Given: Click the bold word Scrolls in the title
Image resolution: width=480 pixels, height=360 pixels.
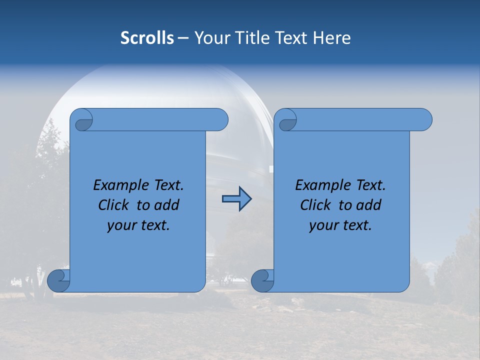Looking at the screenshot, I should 147,38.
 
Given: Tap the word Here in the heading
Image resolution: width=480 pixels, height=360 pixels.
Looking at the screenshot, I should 331,38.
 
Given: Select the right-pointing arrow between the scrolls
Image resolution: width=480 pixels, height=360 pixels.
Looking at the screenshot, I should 236,199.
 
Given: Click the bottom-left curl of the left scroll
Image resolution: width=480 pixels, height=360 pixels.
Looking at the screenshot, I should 58,280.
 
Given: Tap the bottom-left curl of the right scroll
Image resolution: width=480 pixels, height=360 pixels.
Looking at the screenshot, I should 262,280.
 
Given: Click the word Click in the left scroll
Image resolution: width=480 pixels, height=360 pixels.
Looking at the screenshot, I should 113,205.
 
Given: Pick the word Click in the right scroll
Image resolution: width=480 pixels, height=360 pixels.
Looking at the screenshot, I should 315,205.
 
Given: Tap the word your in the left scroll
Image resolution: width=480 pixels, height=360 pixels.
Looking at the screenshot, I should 121,225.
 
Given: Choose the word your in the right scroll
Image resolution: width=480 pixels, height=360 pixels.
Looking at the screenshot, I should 323,225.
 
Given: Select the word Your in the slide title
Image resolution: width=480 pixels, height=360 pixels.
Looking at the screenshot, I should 209,38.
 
